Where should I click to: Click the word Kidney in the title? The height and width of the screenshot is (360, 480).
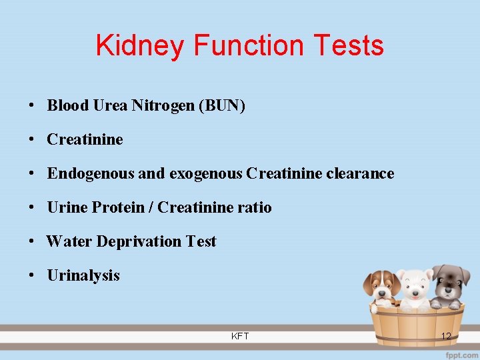point(140,45)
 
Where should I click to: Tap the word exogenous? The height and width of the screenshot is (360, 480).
point(206,173)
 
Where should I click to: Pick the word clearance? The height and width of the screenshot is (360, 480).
point(361,173)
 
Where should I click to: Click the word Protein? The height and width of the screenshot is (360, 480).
point(118,207)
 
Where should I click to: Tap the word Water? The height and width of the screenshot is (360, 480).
point(69,241)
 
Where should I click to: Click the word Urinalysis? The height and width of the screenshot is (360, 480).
point(83,275)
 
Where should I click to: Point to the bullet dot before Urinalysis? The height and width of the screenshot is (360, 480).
point(31,276)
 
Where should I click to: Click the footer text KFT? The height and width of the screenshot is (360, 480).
point(240,336)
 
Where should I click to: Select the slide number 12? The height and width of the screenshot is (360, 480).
point(446,336)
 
